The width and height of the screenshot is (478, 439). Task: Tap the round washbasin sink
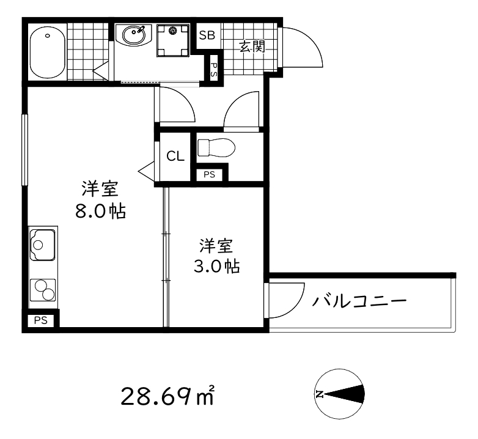[133, 35]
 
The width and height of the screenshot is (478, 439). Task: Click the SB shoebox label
[207, 35]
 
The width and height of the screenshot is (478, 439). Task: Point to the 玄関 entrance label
[251, 47]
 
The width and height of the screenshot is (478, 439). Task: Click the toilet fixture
[216, 147]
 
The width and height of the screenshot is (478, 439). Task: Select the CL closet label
[175, 157]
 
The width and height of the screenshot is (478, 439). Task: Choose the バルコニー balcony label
[360, 301]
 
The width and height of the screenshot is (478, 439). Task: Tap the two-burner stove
[43, 290]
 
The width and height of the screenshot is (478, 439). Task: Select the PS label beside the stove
[40, 320]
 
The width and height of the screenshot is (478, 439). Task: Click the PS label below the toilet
[210, 174]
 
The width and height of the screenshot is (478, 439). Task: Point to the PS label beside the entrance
[214, 66]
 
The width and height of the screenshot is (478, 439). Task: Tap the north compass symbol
[339, 394]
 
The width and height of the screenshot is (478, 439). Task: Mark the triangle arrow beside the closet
[147, 172]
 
